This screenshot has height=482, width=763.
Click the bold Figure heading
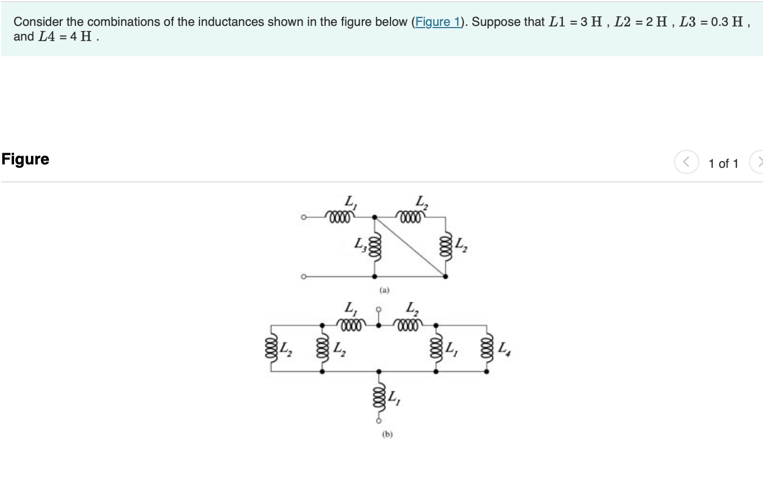tap(25, 159)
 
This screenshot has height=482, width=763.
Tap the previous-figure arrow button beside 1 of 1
tap(686, 163)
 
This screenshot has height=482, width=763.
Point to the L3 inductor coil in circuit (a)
tap(375, 247)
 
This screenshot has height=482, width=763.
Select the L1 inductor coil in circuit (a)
tap(341, 216)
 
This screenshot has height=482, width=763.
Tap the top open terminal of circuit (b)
tap(379, 309)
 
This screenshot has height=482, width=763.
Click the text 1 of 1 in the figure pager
tap(724, 163)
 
